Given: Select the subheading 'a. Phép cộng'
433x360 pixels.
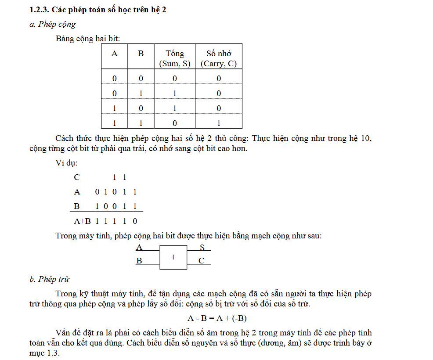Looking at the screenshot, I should (52, 24).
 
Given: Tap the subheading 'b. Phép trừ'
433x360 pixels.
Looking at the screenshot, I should (49, 279).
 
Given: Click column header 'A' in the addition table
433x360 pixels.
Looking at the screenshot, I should (115, 54).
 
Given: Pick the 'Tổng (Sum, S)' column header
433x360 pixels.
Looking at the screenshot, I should (175, 58).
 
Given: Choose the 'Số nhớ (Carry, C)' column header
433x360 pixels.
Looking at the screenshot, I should (219, 58).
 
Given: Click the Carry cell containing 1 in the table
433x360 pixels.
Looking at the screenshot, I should (219, 123).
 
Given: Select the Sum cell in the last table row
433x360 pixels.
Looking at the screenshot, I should (175, 123).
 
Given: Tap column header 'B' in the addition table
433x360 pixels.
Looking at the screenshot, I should (141, 54).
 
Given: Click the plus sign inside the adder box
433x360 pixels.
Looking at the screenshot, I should (173, 257).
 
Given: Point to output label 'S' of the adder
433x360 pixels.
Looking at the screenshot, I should (202, 248).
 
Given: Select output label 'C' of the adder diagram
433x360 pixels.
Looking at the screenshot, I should (201, 261).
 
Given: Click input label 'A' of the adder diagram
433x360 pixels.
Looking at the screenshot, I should (139, 248).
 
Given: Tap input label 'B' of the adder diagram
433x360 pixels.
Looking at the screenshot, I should (139, 261).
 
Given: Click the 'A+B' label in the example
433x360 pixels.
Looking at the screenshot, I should (82, 221).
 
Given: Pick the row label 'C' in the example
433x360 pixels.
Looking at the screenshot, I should (77, 177).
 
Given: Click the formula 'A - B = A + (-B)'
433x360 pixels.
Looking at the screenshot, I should (216, 318).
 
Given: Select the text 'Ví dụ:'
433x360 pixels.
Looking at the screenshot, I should (66, 163).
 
